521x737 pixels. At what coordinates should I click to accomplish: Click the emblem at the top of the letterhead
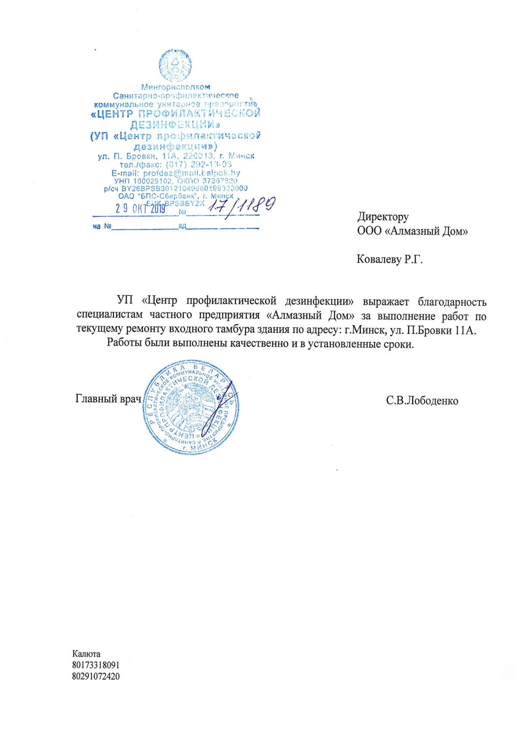click(x=175, y=65)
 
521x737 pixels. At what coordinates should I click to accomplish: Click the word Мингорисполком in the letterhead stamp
click(x=176, y=87)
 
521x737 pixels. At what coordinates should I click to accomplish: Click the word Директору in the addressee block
click(x=383, y=217)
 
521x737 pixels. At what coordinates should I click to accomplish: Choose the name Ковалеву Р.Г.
click(x=389, y=260)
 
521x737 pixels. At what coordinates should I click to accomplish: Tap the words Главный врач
click(x=108, y=399)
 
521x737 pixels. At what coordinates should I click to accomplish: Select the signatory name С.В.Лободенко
click(x=422, y=401)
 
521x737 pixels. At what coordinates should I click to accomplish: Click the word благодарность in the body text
click(x=452, y=302)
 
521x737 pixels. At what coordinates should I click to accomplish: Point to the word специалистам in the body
click(x=109, y=316)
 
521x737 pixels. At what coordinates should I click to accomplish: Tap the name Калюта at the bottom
click(x=86, y=654)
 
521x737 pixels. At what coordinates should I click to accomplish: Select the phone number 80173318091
click(x=96, y=665)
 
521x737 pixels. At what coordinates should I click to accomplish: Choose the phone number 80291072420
click(x=96, y=676)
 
